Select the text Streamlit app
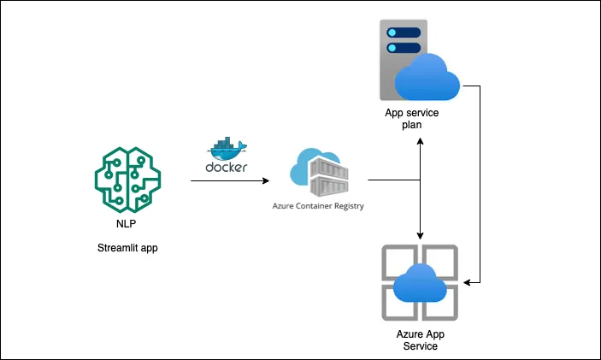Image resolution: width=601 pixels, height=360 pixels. click(127, 249)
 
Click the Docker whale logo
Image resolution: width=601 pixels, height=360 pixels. click(227, 147)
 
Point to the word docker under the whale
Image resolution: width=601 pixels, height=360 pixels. click(227, 167)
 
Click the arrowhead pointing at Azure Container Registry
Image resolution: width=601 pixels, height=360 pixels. click(266, 180)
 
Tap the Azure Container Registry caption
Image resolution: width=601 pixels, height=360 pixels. click(318, 206)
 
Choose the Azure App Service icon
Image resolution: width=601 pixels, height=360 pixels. click(419, 281)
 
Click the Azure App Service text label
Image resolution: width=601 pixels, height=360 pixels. click(419, 339)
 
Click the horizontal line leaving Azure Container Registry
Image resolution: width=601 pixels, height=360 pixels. click(393, 180)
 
